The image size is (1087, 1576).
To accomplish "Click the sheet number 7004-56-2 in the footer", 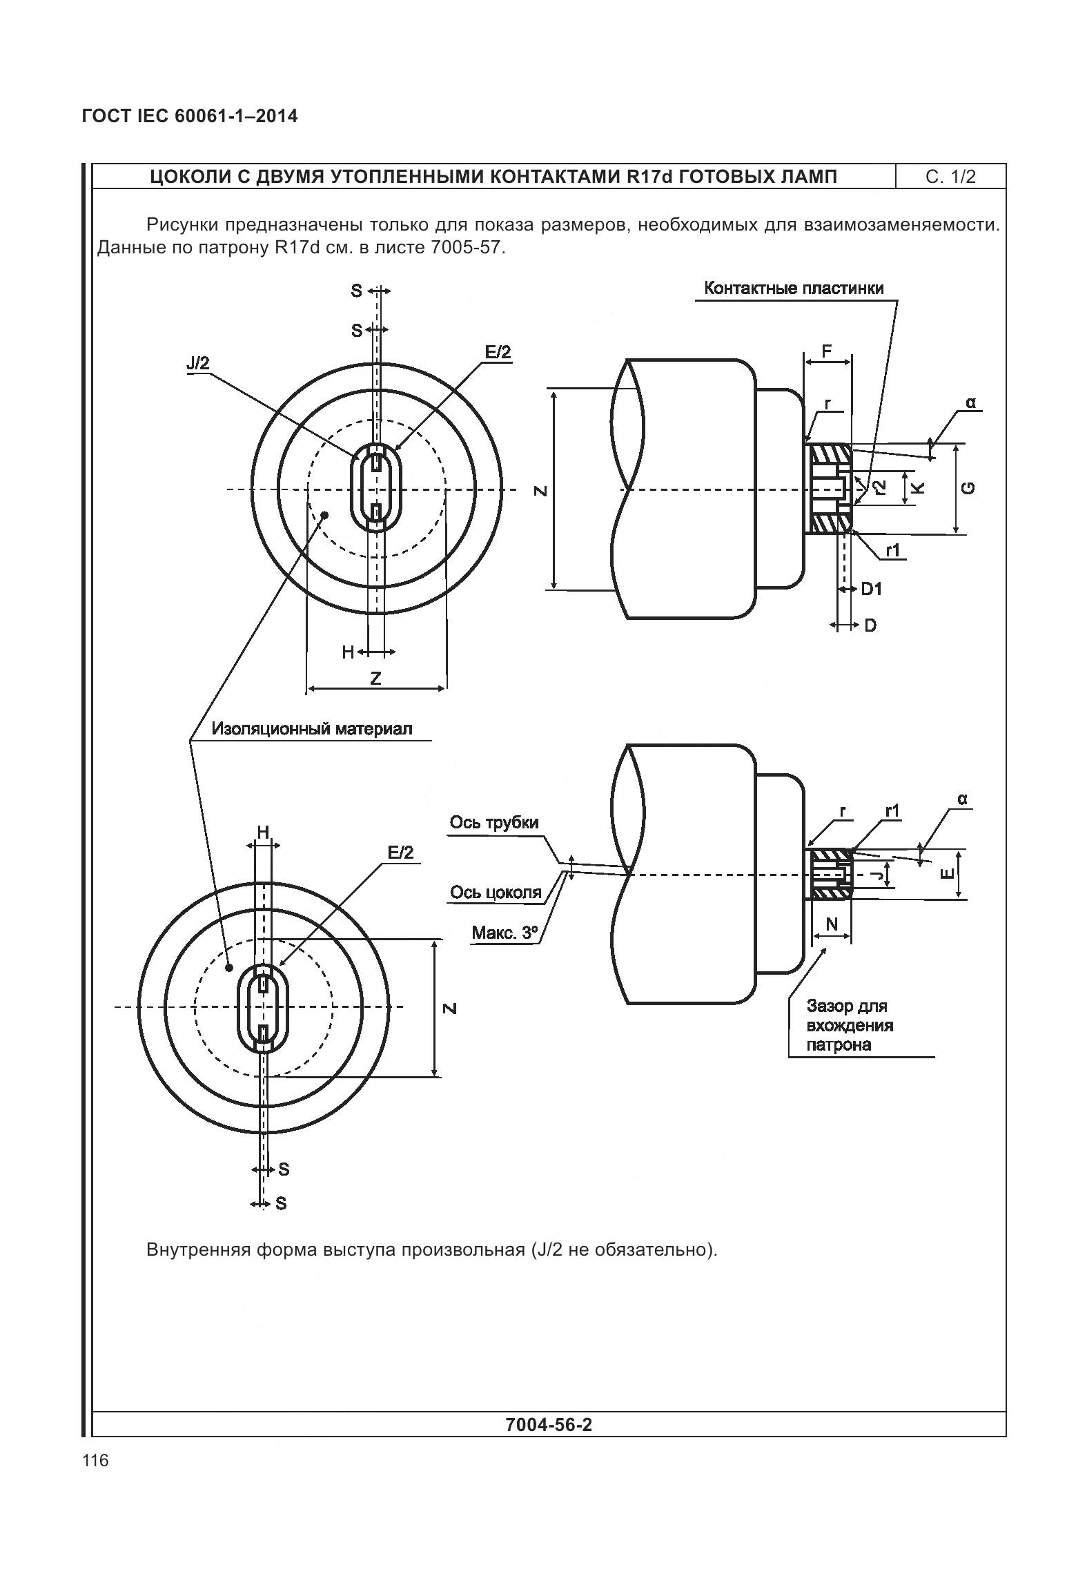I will (549, 1425).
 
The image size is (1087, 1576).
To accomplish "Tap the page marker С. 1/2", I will (950, 177).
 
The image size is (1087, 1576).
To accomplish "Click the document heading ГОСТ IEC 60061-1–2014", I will (190, 116).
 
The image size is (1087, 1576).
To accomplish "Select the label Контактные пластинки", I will (794, 289).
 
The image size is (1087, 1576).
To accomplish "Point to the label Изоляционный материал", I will (312, 728).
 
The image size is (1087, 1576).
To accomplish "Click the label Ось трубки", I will (493, 822).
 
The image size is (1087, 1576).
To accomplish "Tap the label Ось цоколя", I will (496, 893).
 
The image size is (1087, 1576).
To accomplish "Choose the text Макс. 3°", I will (504, 933).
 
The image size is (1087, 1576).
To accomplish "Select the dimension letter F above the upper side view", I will (828, 351).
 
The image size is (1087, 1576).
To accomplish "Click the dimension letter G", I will (969, 488).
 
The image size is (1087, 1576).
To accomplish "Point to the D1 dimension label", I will (871, 589).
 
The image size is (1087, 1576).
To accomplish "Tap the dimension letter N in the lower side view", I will (832, 924).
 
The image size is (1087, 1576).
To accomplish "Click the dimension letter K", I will (918, 488).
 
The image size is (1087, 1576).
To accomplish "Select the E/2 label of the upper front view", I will (498, 353).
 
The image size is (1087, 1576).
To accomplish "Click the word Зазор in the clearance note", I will (828, 1006).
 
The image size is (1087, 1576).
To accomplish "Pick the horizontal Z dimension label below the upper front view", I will (375, 679).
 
